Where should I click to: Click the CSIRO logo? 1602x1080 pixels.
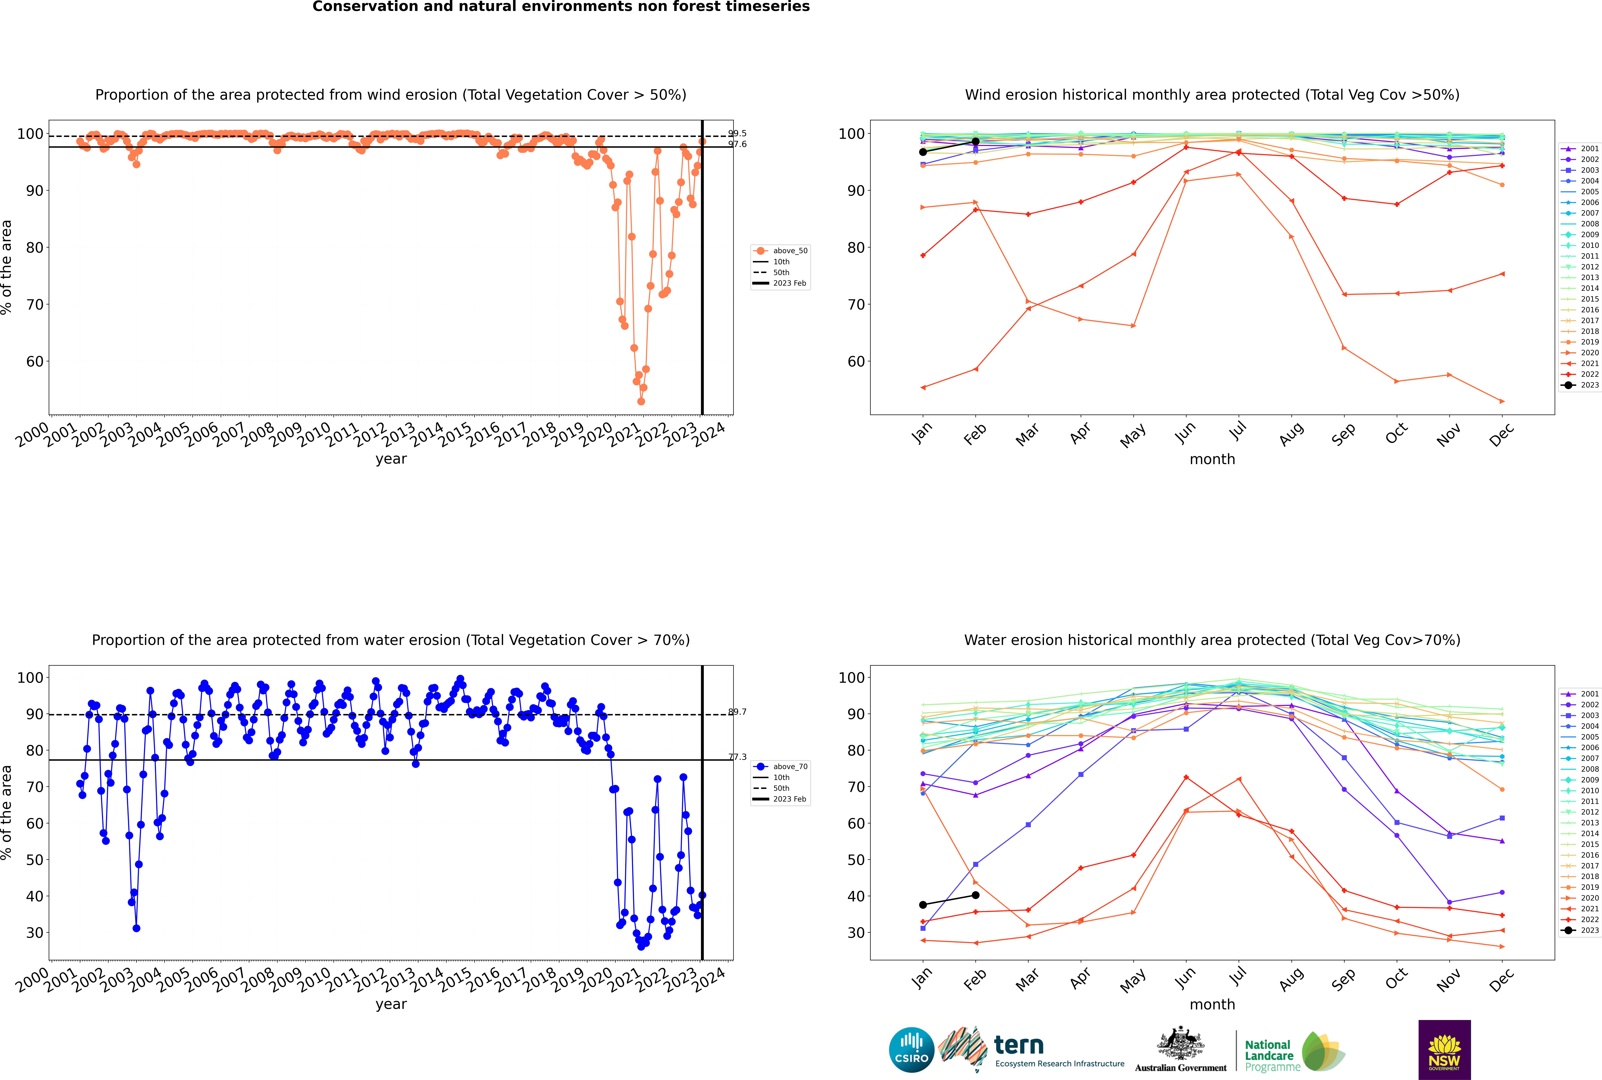(x=911, y=1050)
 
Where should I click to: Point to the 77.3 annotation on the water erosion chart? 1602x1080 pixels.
(x=737, y=757)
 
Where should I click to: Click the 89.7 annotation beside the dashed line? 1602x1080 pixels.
(x=737, y=711)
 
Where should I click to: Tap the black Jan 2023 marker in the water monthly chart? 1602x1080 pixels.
(x=923, y=904)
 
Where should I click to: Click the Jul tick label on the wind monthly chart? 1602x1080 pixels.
(x=1238, y=432)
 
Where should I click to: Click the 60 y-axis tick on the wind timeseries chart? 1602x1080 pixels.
(x=34, y=362)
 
